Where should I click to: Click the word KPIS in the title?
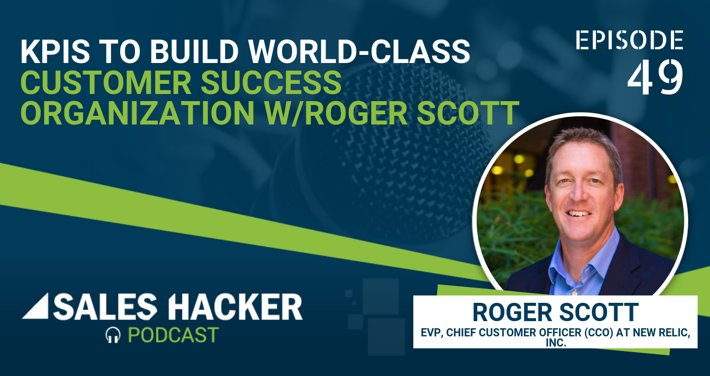tap(55, 51)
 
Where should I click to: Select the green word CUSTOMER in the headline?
tap(106, 82)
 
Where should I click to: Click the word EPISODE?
tap(629, 40)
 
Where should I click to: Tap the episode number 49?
tap(655, 77)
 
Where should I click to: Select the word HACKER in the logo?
tap(235, 306)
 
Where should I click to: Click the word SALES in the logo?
tap(105, 306)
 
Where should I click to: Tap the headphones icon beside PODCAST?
tap(113, 335)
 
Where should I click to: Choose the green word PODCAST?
tap(173, 335)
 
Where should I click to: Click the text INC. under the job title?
tap(556, 343)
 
